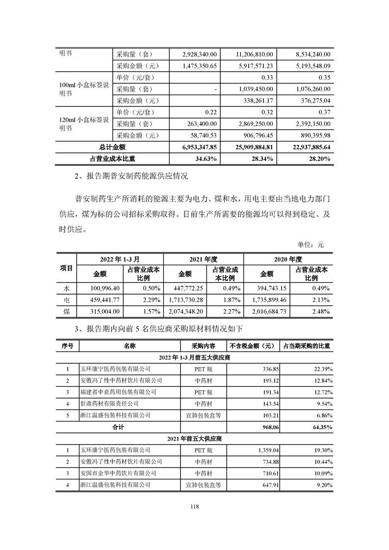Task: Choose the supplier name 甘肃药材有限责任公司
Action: tap(109, 403)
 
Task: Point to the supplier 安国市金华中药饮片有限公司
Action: tap(118, 473)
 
